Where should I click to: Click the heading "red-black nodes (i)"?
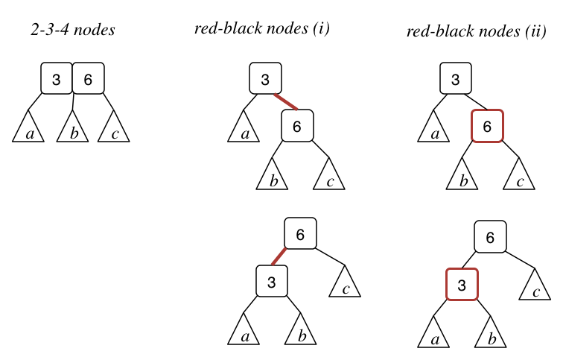[261, 29]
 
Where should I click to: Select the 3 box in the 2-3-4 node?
[56, 78]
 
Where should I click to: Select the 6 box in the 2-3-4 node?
[89, 78]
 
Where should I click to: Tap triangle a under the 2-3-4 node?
[28, 129]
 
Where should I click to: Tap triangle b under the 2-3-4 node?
[72, 129]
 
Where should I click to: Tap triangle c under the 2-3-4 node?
[114, 129]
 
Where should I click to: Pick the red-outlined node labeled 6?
[488, 126]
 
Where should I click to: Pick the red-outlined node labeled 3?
[461, 285]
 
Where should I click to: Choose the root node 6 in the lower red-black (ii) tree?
[490, 238]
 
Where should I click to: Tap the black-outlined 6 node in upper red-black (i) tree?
[297, 126]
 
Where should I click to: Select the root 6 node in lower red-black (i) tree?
[301, 234]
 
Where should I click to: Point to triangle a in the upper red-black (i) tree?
[243, 129]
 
